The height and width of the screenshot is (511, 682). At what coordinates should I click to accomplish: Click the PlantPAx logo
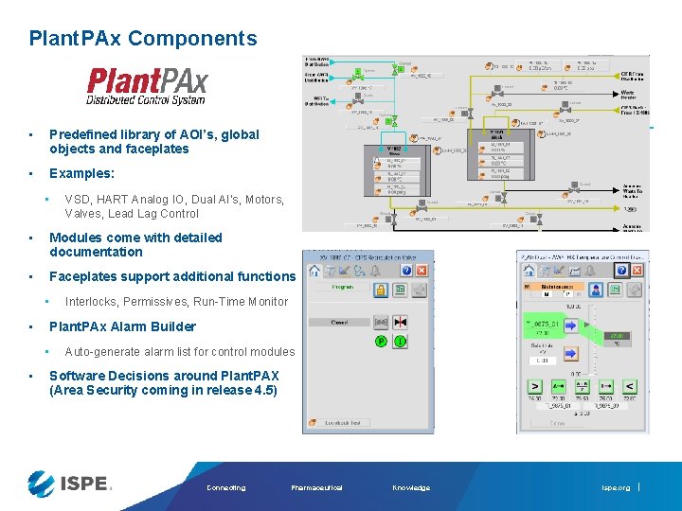tap(146, 86)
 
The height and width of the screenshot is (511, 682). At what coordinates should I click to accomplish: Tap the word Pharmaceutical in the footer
tap(317, 487)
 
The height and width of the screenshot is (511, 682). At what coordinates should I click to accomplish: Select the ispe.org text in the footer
tap(615, 487)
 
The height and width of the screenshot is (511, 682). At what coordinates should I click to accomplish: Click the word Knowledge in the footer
tap(411, 487)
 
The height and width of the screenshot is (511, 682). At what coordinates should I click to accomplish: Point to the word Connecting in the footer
tap(225, 487)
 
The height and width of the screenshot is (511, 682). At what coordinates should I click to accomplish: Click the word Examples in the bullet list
tap(81, 174)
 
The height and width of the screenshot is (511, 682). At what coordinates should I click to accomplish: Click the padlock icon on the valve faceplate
tap(380, 290)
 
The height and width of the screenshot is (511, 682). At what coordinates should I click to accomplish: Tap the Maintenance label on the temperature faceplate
tap(558, 286)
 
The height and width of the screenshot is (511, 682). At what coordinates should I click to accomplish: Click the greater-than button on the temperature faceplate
tap(534, 386)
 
